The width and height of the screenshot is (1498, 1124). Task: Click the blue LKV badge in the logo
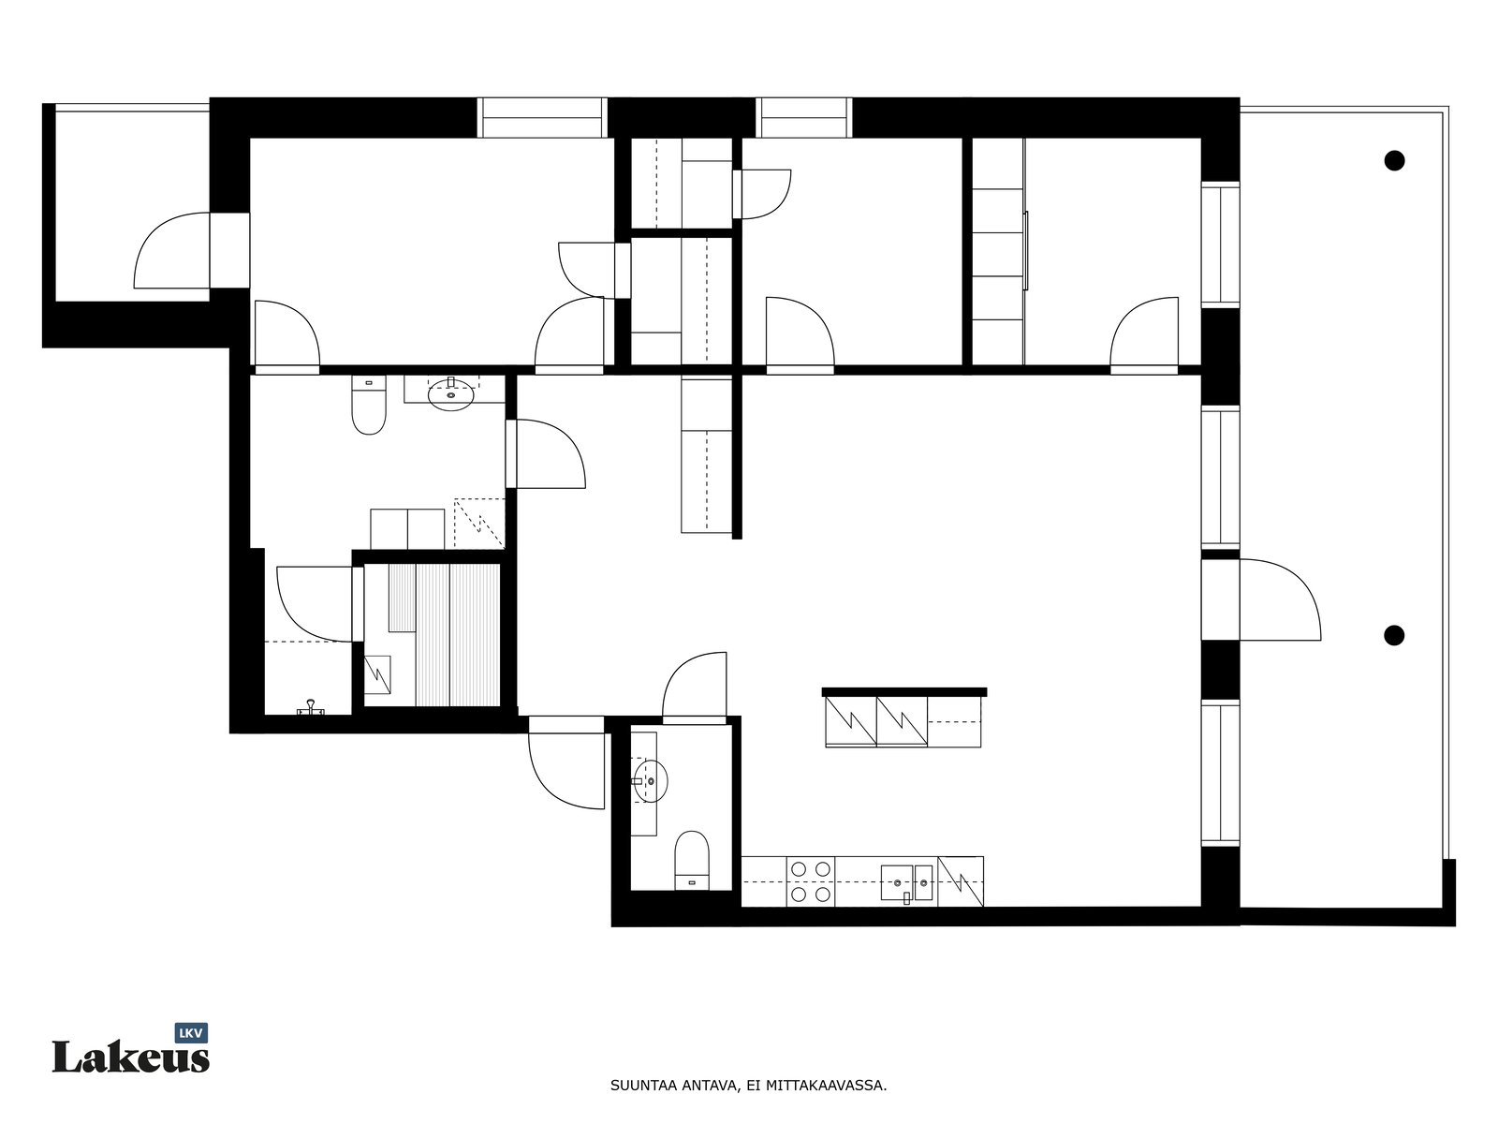click(191, 1033)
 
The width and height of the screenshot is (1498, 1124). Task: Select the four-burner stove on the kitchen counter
click(810, 881)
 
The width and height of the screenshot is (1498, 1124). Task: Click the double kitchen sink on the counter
click(907, 882)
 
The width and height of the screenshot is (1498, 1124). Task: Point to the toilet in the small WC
click(691, 860)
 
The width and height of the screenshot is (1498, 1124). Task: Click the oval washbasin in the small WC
click(651, 781)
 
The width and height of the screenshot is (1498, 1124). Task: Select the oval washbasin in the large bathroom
click(450, 393)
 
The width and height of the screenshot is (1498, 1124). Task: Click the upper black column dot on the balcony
click(1394, 161)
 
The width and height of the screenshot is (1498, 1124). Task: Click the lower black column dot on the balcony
click(1393, 635)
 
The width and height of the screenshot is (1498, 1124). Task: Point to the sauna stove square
click(377, 675)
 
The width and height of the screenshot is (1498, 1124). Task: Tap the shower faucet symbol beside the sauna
click(311, 708)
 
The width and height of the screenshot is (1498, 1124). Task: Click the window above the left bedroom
click(542, 117)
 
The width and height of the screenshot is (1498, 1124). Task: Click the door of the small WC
click(694, 688)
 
